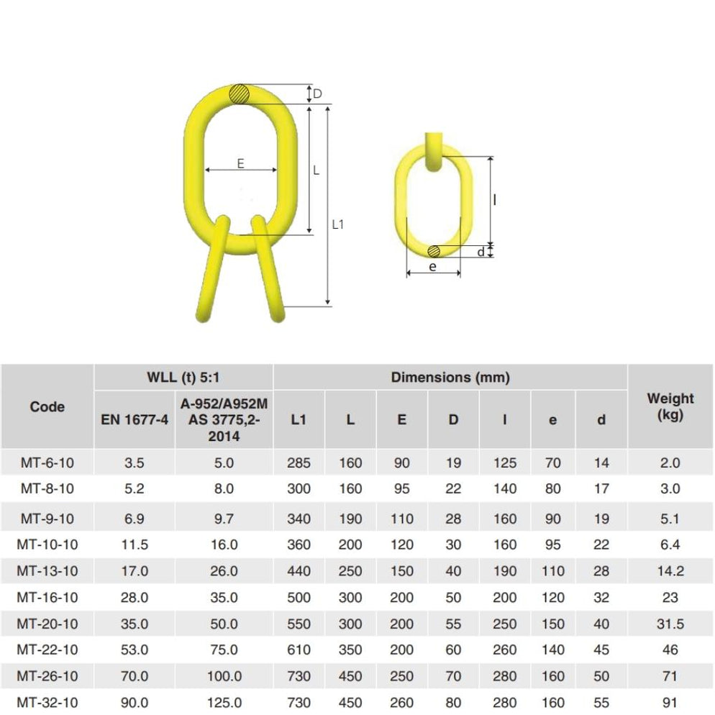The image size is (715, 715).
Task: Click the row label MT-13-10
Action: [47, 571]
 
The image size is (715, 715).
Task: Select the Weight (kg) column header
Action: [670, 406]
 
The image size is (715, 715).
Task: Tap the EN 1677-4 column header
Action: [134, 420]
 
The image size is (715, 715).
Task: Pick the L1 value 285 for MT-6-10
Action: [299, 463]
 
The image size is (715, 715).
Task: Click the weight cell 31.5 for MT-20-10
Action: [670, 624]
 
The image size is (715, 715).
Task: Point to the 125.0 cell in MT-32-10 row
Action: [224, 702]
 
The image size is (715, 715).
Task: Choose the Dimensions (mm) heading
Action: [450, 377]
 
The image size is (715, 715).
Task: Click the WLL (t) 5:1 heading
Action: [183, 377]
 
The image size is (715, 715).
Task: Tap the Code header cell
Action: [47, 406]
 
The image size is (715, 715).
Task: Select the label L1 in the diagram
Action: [338, 224]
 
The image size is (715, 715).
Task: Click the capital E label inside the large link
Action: [240, 163]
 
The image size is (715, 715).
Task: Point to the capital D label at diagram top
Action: [317, 94]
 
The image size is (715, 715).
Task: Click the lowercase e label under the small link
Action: [432, 266]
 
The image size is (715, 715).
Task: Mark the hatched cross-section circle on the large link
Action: [240, 94]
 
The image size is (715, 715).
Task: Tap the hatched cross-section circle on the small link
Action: [434, 251]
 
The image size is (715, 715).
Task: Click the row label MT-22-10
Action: [47, 650]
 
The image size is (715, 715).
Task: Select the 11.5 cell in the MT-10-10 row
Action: [134, 545]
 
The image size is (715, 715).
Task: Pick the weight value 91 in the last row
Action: [670, 702]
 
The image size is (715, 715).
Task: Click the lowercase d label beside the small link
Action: [481, 251]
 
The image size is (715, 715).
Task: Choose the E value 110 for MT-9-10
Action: [402, 518]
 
